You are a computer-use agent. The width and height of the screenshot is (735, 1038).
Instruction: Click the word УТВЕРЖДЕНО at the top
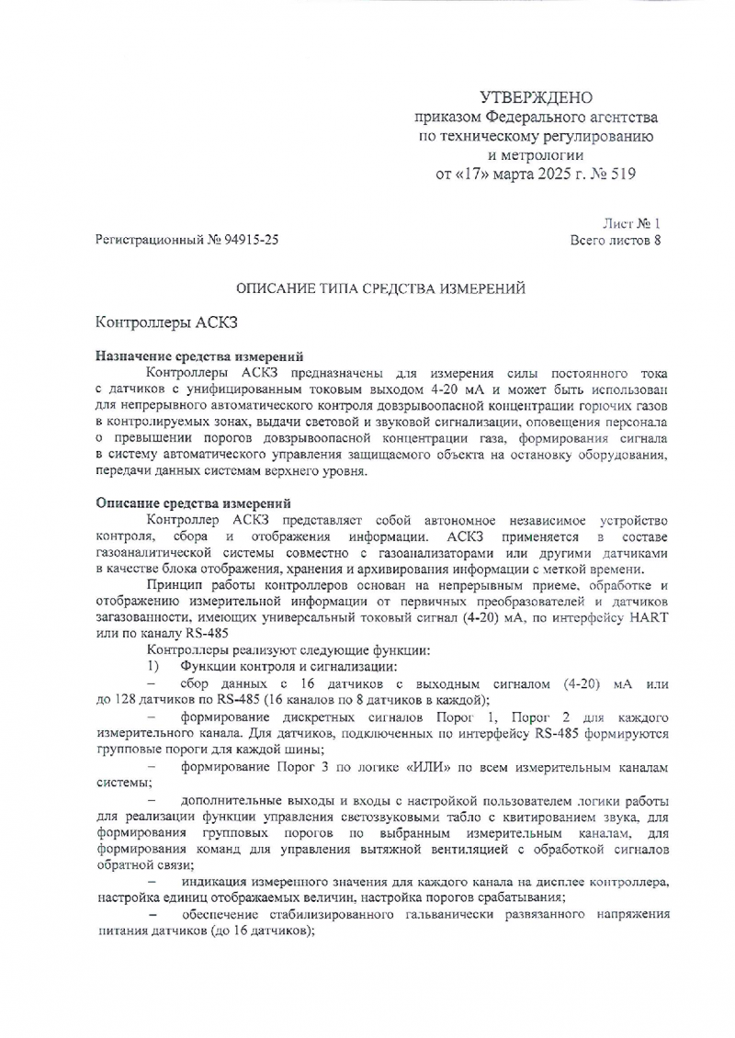[x=537, y=98]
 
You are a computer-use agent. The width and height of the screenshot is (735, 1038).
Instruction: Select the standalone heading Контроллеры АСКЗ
[x=167, y=323]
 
